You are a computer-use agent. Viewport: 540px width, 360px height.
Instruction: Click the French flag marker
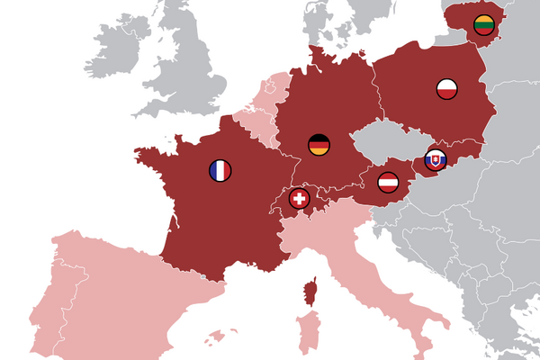pos(220,170)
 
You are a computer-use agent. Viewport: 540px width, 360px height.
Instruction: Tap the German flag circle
pos(319,144)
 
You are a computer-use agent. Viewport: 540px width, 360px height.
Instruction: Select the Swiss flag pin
pos(299,198)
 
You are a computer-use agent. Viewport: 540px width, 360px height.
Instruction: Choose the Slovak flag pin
pos(435,160)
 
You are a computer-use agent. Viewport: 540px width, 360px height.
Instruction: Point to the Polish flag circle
pos(447,88)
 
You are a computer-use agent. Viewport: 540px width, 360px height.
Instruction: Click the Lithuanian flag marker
pos(483,24)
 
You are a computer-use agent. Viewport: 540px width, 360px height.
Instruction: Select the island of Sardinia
pos(308,333)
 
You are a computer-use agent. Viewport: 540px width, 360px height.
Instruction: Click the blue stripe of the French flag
pos(212,170)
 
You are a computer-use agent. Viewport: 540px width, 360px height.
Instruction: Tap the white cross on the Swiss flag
pos(299,198)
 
